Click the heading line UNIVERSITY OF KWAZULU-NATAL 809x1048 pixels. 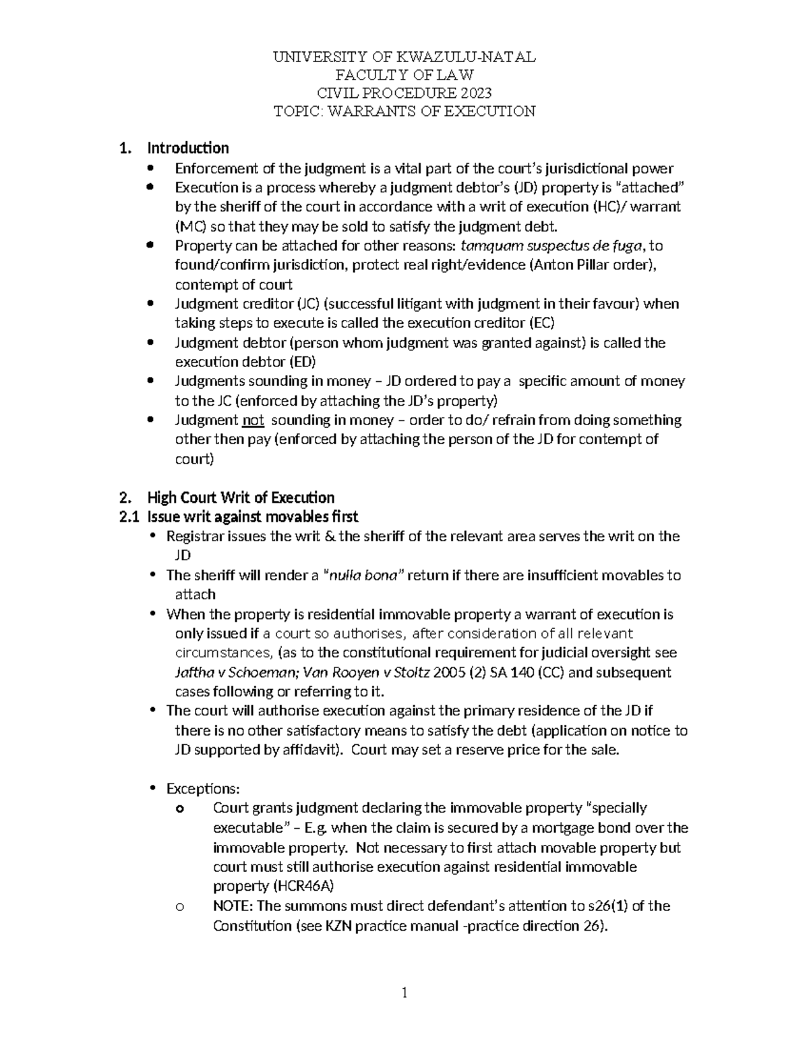point(404,57)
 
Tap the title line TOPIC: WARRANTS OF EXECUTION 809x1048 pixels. point(404,111)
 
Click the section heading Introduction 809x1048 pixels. point(188,148)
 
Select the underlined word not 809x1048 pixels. point(253,420)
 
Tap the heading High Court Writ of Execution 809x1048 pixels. point(241,498)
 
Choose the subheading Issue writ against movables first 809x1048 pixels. point(253,517)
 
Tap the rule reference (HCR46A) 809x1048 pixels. point(273,886)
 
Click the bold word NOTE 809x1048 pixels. point(233,906)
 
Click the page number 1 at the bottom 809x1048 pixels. point(404,993)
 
